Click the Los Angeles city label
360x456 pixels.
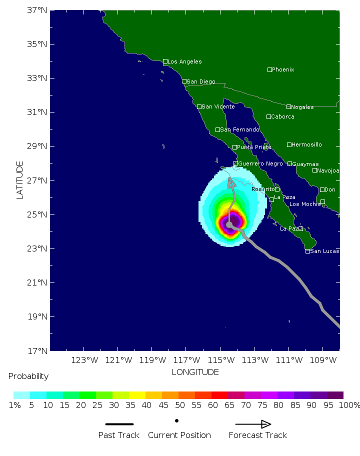[184, 61]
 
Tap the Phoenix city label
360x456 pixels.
[283, 69]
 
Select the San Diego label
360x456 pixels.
[201, 81]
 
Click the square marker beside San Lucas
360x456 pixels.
[307, 251]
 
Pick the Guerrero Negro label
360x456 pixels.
[260, 163]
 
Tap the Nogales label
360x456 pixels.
[302, 107]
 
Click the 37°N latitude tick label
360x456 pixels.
[38, 10]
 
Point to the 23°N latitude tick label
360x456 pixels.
[38, 248]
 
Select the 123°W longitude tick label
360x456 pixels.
[84, 360]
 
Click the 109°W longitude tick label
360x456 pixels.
[323, 360]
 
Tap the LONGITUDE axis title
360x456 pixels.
[195, 372]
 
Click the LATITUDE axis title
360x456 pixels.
[20, 180]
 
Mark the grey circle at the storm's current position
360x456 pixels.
[229, 224]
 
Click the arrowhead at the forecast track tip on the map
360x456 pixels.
[231, 182]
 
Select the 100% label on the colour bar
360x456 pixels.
[349, 405]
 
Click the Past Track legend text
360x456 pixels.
[118, 435]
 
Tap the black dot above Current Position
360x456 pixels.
[177, 420]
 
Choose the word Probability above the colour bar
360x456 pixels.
[28, 376]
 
